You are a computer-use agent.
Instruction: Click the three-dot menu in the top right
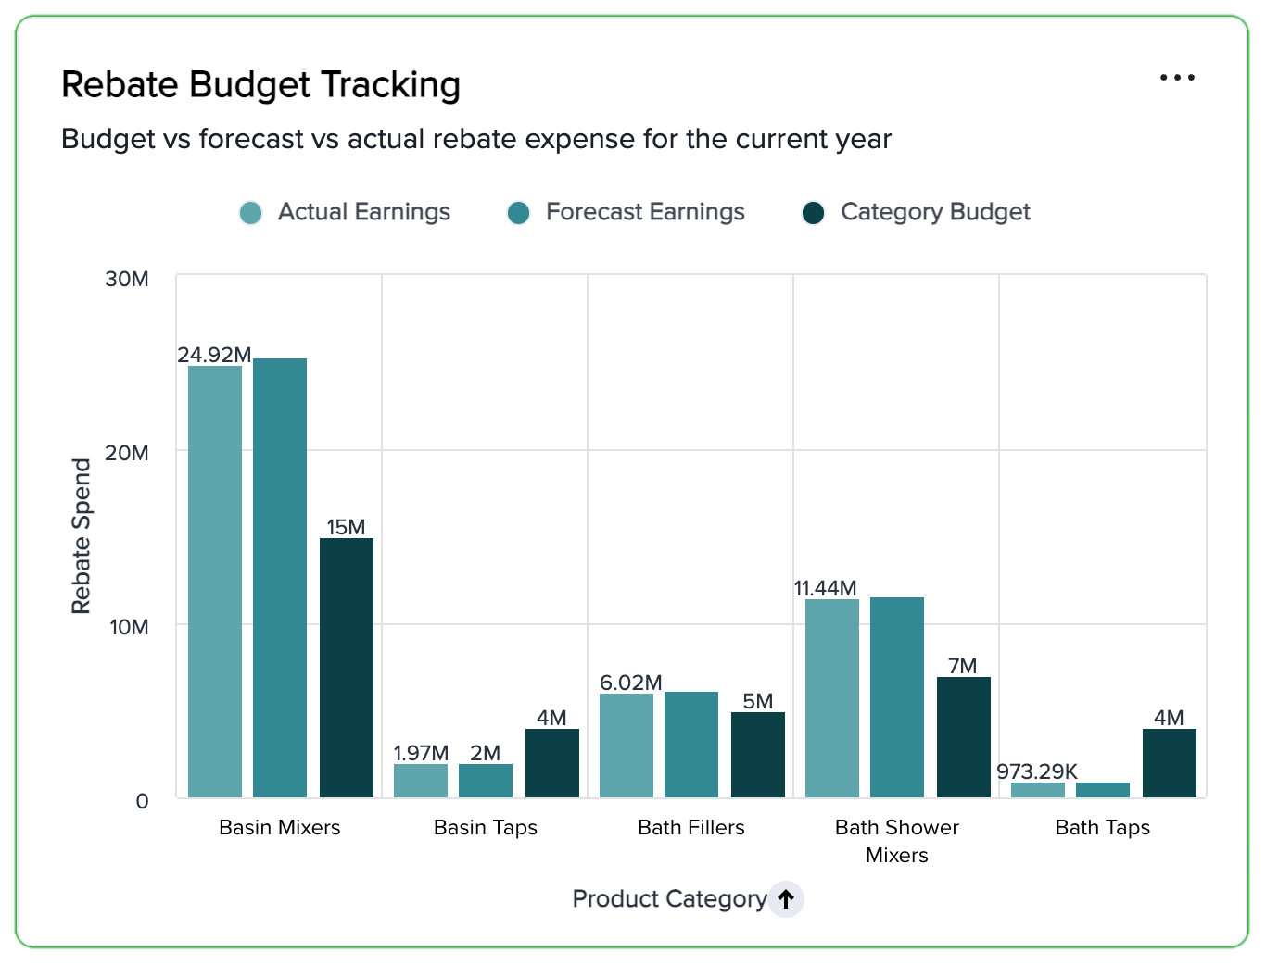click(x=1177, y=78)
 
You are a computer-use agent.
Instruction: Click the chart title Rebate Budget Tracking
click(x=260, y=85)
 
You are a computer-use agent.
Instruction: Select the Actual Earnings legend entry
click(x=345, y=212)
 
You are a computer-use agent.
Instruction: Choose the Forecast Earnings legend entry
click(x=627, y=212)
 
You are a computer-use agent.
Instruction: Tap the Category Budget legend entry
click(x=916, y=212)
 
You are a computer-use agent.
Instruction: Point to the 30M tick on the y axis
click(x=127, y=279)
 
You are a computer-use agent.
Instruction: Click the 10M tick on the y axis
click(x=129, y=627)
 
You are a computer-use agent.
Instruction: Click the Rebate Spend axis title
click(x=82, y=536)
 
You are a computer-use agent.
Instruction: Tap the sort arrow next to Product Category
click(x=786, y=898)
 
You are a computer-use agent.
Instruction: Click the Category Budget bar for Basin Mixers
click(x=347, y=667)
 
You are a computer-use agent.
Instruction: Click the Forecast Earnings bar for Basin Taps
click(x=486, y=780)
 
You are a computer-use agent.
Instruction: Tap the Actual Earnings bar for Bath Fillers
click(x=627, y=745)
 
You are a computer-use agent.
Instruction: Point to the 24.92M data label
click(x=214, y=355)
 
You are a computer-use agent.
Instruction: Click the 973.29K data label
click(x=1037, y=771)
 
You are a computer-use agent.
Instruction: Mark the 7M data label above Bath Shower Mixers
click(x=963, y=666)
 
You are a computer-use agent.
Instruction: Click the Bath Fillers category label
click(x=691, y=827)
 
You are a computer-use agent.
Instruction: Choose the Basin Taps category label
click(x=486, y=827)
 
